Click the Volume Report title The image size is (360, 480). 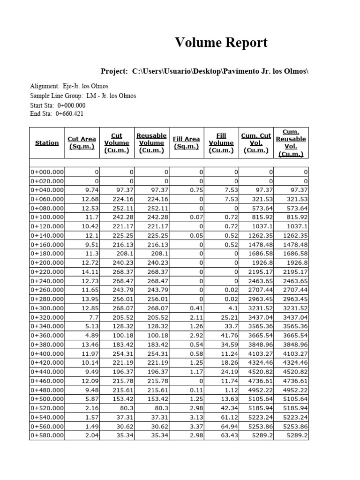pyautogui.click(x=221, y=43)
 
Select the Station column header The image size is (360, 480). pyautogui.click(x=47, y=143)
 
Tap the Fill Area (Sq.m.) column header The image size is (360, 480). pyautogui.click(x=186, y=143)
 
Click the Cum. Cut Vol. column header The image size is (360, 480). pyautogui.click(x=256, y=143)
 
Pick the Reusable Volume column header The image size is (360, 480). pyautogui.click(x=151, y=143)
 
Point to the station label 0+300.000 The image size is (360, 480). pyautogui.click(x=47, y=308)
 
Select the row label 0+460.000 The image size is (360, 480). pyautogui.click(x=47, y=381)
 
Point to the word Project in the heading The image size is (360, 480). pyautogui.click(x=114, y=71)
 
